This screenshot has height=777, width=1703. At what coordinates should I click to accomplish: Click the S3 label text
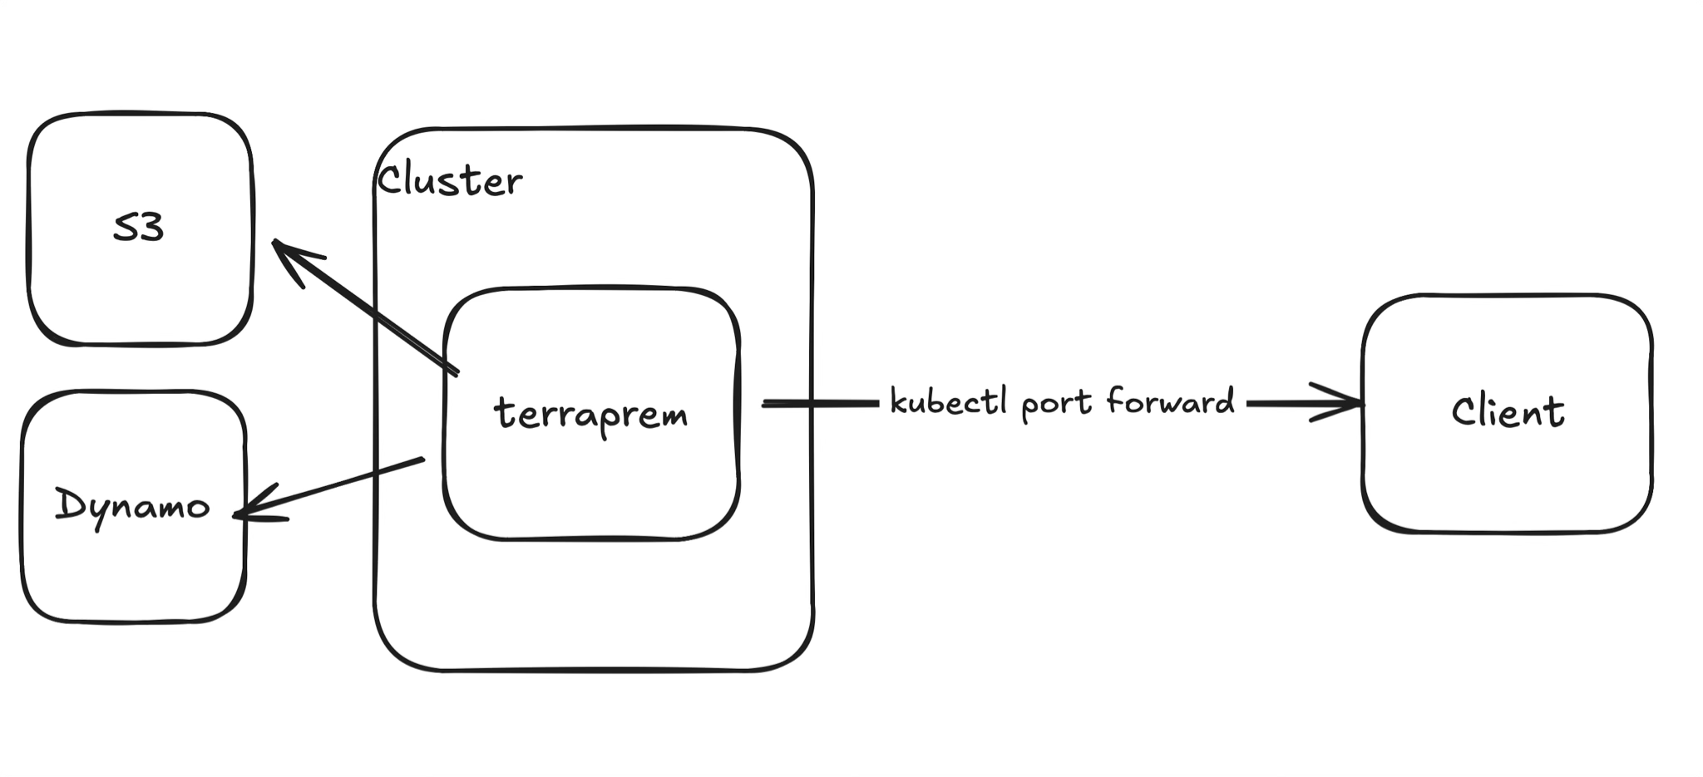coord(138,229)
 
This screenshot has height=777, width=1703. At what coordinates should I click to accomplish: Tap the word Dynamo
coord(132,505)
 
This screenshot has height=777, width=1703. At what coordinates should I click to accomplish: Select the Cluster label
coord(450,181)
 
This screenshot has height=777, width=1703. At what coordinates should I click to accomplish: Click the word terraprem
coord(591,413)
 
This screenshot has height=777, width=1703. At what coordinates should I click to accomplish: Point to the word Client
coord(1508,411)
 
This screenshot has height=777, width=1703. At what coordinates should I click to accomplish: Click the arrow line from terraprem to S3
coord(374,312)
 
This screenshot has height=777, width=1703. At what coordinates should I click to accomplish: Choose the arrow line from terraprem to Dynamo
coord(333,487)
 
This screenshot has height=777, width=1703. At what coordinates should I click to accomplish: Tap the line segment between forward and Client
coord(1289,404)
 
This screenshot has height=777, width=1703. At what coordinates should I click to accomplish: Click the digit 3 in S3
coord(151,229)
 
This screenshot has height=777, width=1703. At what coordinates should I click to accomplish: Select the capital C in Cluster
coord(389,179)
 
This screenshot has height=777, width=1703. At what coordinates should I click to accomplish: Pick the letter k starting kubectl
coord(898,401)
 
